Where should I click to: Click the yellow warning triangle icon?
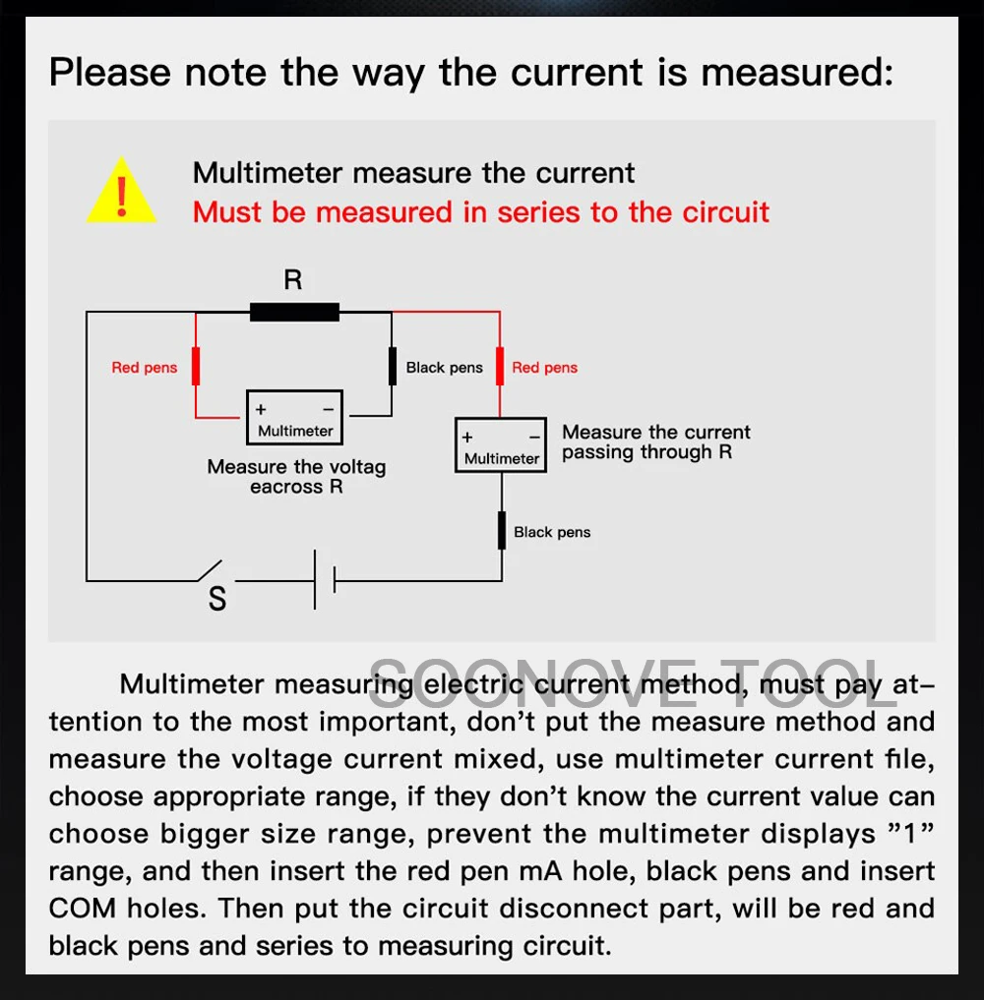(x=121, y=191)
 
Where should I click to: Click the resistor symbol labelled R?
(x=294, y=313)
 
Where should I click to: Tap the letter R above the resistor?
(x=293, y=280)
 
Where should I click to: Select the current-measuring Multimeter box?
(x=501, y=446)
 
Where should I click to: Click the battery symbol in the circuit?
(x=325, y=580)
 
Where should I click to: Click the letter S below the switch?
(x=217, y=599)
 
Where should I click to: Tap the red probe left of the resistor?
(x=196, y=366)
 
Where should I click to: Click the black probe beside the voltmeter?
(x=392, y=366)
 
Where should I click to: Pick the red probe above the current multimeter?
(x=500, y=366)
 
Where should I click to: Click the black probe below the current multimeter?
(x=501, y=531)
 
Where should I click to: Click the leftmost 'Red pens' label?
(x=145, y=368)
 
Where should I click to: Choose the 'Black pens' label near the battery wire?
(x=552, y=532)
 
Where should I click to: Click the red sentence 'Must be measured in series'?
(x=481, y=211)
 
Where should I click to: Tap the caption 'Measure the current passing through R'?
(x=655, y=442)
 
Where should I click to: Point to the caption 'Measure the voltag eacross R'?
(x=296, y=477)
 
